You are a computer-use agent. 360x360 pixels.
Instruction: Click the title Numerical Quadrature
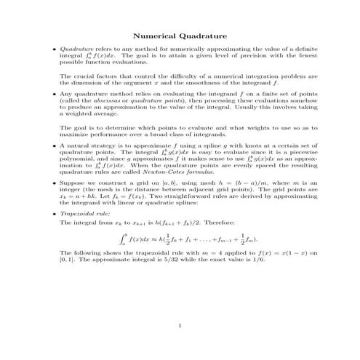click(x=180, y=36)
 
